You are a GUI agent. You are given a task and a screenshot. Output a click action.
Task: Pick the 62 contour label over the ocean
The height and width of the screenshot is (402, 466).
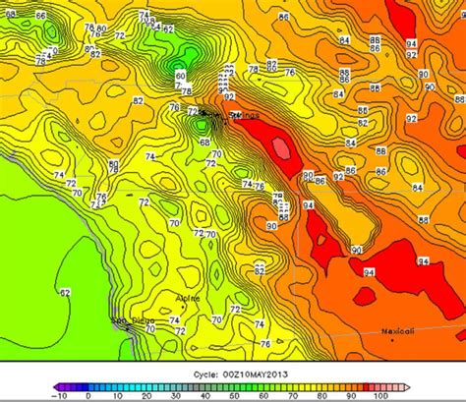65,292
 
